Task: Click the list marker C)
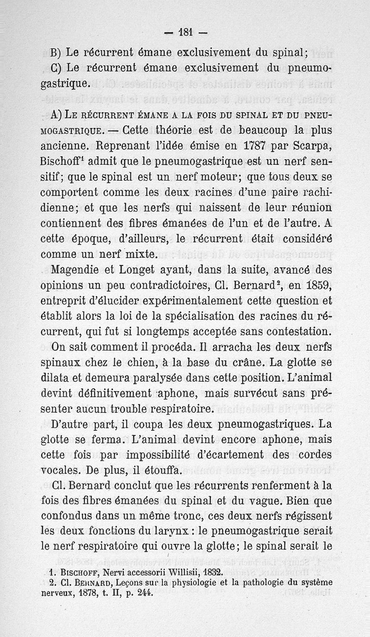point(56,68)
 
